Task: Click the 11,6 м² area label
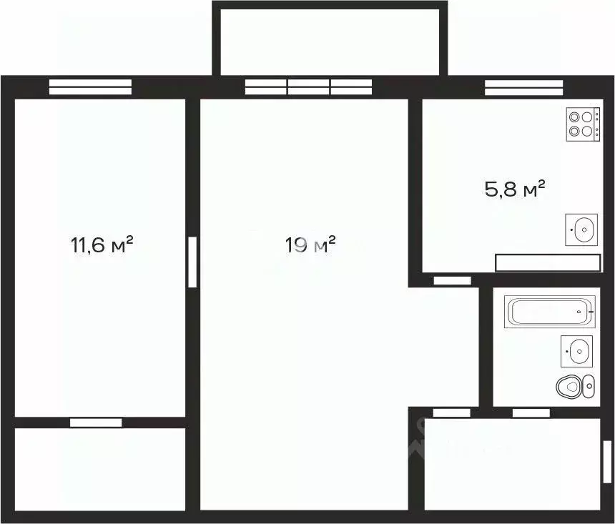(x=102, y=246)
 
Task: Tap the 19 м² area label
(x=310, y=246)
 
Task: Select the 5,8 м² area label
(x=516, y=189)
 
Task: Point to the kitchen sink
(x=582, y=229)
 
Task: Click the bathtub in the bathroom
(x=549, y=312)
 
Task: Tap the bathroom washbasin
(x=576, y=350)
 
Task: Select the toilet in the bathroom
(x=574, y=386)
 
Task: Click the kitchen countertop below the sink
(x=548, y=262)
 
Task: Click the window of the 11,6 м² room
(x=90, y=86)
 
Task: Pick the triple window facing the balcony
(x=308, y=86)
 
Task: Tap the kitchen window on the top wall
(x=525, y=86)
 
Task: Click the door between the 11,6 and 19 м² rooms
(x=192, y=262)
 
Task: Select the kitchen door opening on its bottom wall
(x=452, y=280)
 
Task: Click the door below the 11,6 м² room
(x=96, y=422)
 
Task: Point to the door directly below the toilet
(x=531, y=412)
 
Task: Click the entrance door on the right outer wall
(x=606, y=462)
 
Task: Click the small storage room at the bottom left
(x=100, y=468)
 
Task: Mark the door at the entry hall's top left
(x=452, y=412)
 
